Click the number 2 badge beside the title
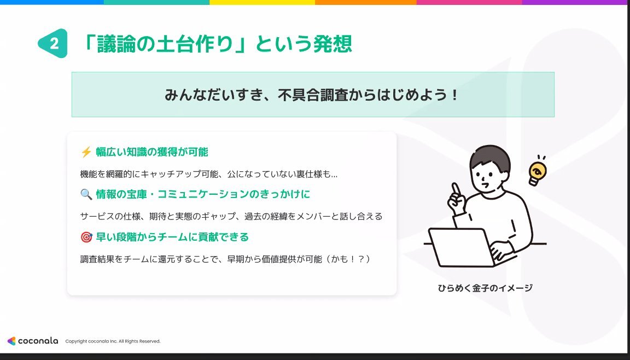pyautogui.click(x=53, y=43)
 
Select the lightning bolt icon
pyautogui.click(x=86, y=152)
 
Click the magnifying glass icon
pyautogui.click(x=86, y=194)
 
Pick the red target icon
pyautogui.click(x=86, y=237)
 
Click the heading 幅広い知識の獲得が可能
pyautogui.click(x=152, y=152)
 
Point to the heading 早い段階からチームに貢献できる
pyautogui.click(x=172, y=237)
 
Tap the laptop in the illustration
pyautogui.click(x=461, y=247)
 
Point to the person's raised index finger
pyautogui.click(x=456, y=190)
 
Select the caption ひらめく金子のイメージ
pyautogui.click(x=486, y=288)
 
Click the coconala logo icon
pyautogui.click(x=11, y=341)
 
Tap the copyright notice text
pyautogui.click(x=113, y=341)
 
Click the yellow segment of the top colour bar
pyautogui.click(x=262, y=2)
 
